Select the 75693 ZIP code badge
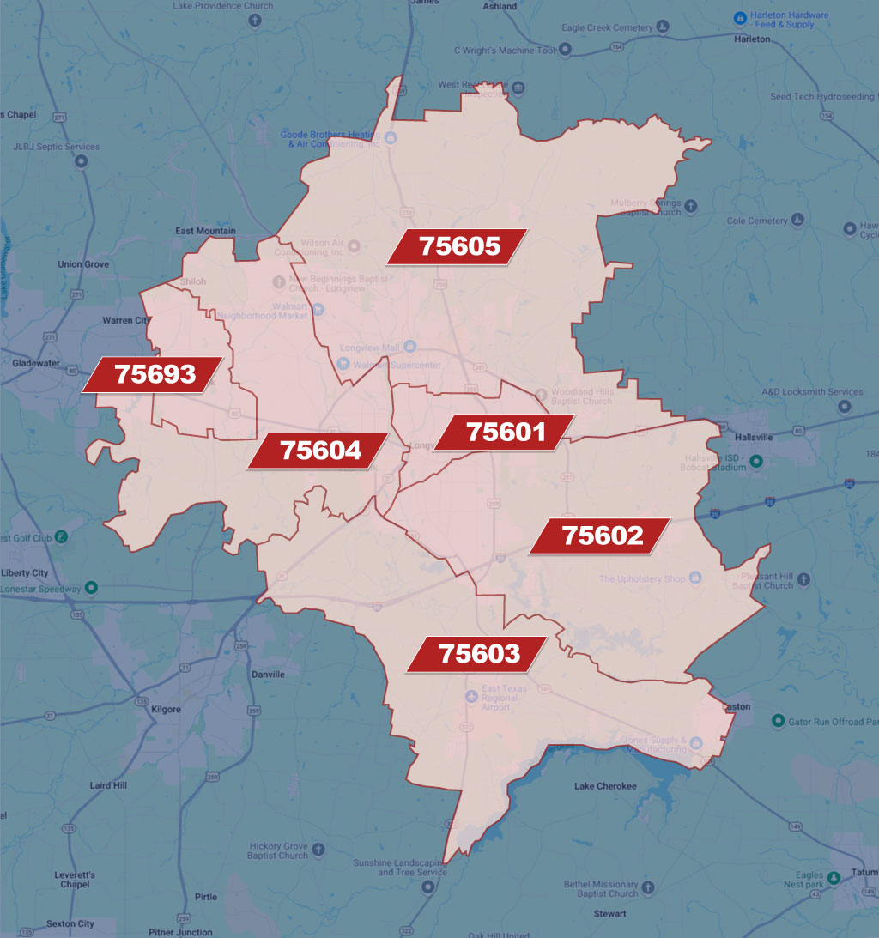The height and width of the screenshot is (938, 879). pyautogui.click(x=155, y=375)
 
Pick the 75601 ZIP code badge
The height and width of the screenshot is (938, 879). pyautogui.click(x=506, y=432)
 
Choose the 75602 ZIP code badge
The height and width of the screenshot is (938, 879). pyautogui.click(x=602, y=536)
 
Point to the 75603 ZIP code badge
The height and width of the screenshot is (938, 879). pyautogui.click(x=479, y=654)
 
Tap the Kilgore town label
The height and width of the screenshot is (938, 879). pyautogui.click(x=166, y=710)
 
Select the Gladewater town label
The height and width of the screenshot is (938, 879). pyautogui.click(x=37, y=363)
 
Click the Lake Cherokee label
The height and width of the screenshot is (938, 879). pyautogui.click(x=605, y=786)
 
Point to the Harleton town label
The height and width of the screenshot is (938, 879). pyautogui.click(x=753, y=39)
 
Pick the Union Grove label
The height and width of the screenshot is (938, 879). pyautogui.click(x=83, y=264)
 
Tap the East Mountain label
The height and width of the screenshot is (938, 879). pyautogui.click(x=205, y=231)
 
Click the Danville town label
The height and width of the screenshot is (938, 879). pyautogui.click(x=268, y=675)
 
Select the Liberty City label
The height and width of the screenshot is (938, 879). pyautogui.click(x=25, y=573)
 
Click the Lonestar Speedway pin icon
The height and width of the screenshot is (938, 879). pyautogui.click(x=92, y=589)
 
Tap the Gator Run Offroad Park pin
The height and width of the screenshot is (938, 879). pyautogui.click(x=779, y=722)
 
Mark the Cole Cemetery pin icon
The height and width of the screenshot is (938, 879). pyautogui.click(x=798, y=221)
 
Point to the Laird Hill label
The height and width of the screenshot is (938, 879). pyautogui.click(x=108, y=785)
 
